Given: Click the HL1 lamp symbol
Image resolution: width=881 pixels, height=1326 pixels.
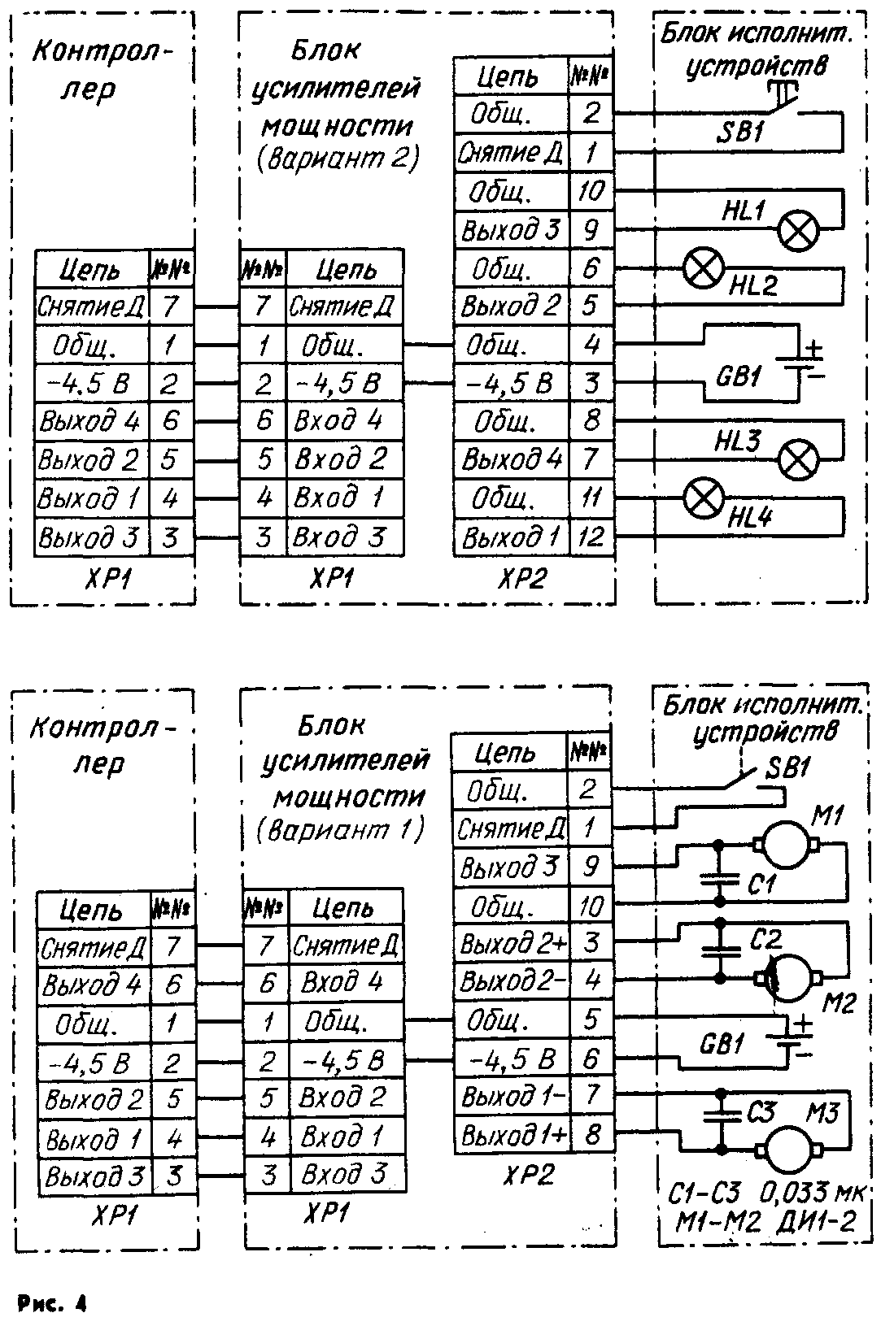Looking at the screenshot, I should tap(798, 230).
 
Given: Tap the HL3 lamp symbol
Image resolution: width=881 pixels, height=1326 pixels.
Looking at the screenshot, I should tap(798, 460).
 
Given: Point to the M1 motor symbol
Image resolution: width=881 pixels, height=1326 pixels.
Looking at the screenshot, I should tap(786, 846).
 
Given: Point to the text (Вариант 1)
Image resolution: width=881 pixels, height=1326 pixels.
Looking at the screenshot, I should tap(341, 831).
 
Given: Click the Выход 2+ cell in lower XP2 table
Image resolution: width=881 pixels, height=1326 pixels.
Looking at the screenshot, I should tap(511, 944).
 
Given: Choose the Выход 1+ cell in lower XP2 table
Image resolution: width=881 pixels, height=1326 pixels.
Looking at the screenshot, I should tap(511, 1135).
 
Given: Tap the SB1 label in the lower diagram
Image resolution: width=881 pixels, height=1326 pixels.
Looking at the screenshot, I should tap(783, 768).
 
